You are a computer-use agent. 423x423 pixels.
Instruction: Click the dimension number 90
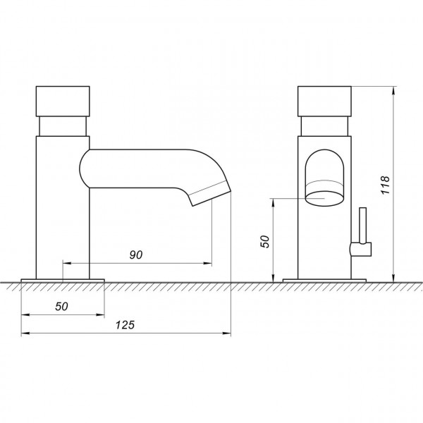coord(136,255)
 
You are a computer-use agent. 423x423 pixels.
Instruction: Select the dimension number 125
coord(125,325)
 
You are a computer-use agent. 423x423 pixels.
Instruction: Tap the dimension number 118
coord(385,185)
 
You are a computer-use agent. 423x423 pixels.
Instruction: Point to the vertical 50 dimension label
coord(265,241)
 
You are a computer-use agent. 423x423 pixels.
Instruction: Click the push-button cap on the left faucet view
coord(63,101)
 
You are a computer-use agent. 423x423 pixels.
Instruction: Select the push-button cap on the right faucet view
coord(324,101)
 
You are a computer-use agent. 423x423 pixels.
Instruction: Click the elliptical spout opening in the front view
coord(324,199)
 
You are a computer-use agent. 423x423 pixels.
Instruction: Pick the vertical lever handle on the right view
coord(363,226)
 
